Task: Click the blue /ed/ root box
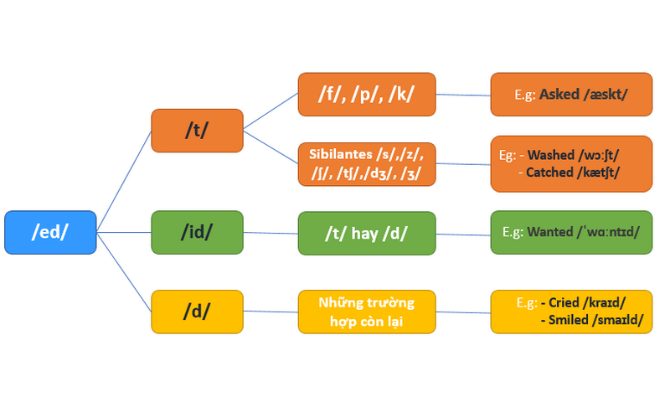(x=50, y=232)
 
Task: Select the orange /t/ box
(x=197, y=130)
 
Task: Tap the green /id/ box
(x=197, y=232)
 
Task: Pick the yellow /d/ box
(x=197, y=311)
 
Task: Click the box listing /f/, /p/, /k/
(x=367, y=95)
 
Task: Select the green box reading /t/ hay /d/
(x=367, y=233)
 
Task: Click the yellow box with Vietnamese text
(x=367, y=311)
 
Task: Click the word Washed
(x=551, y=155)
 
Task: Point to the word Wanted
(x=550, y=231)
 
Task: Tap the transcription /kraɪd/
(x=607, y=302)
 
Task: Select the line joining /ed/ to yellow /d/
(x=124, y=272)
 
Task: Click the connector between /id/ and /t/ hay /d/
(x=271, y=233)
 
